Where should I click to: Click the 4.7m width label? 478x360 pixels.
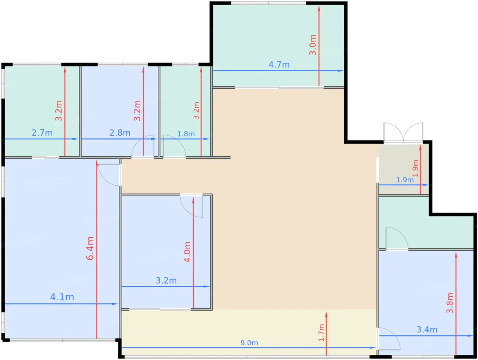coord(279,64)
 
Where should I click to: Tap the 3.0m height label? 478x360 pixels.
coord(313,45)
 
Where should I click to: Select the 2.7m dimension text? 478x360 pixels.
coord(42,133)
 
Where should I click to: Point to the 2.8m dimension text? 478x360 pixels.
coord(120,133)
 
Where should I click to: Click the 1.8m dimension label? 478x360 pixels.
coord(186,134)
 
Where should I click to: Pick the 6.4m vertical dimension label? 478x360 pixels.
coord(90,248)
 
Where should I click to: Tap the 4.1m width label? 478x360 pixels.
coord(62,297)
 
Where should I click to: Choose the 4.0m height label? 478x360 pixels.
coord(187,252)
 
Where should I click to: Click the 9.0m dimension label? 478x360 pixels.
coord(249,343)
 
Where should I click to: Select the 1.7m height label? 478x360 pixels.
coord(321,333)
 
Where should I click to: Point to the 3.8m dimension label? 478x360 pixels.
coord(450,303)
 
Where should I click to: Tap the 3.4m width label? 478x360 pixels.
coord(427,330)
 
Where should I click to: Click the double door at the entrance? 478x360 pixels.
coord(403,133)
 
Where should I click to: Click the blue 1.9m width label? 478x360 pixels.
coord(405,180)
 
